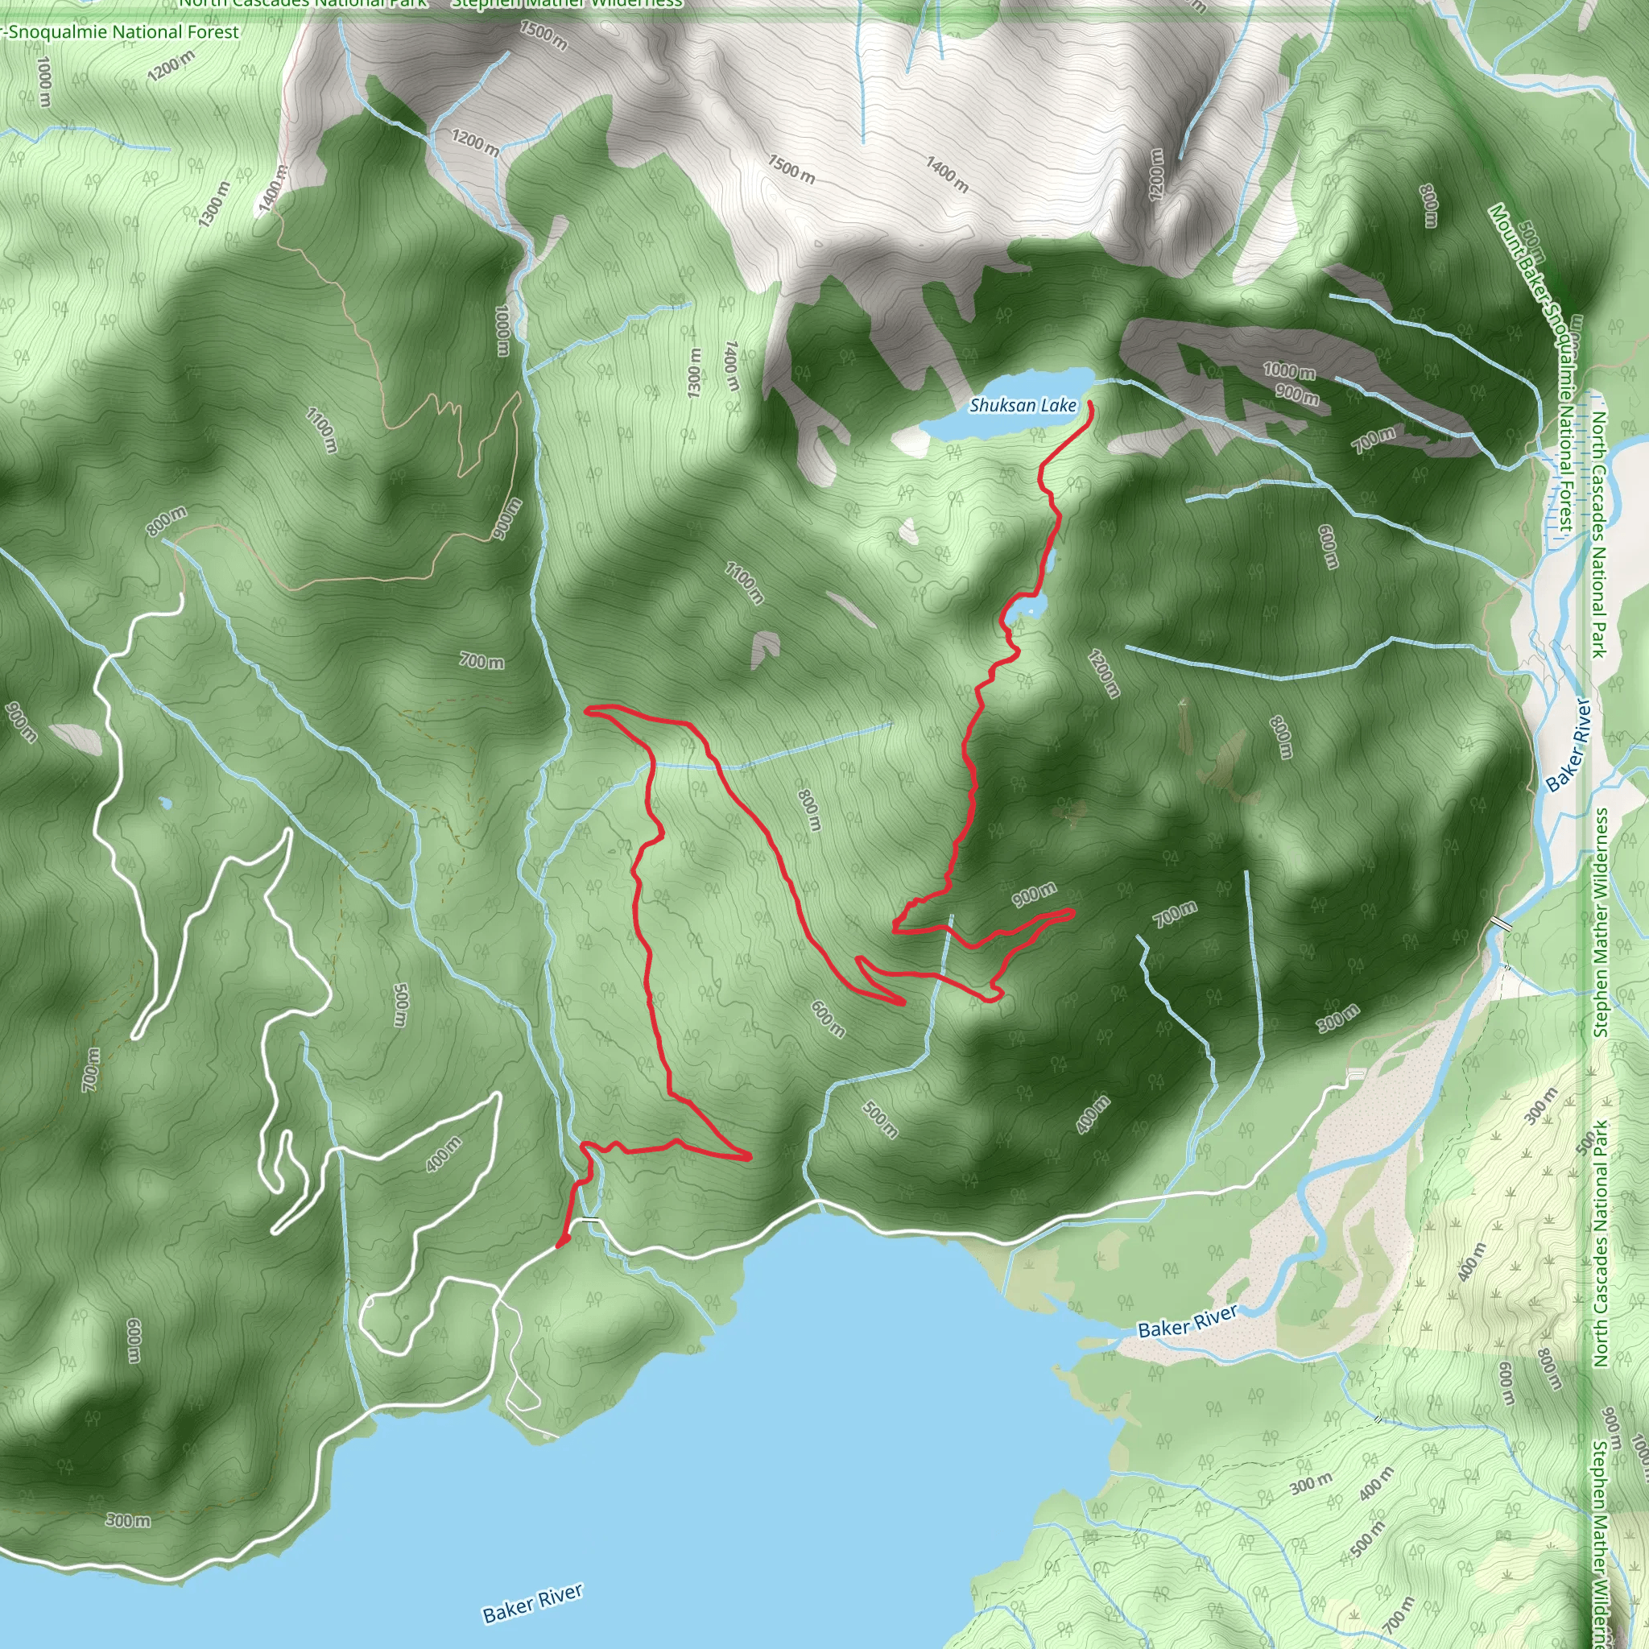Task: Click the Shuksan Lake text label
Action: coord(1023,406)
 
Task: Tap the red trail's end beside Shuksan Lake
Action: coord(1091,403)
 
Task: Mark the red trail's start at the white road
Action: coord(559,1246)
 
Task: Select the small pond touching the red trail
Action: coord(1026,606)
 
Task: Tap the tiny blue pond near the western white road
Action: coord(166,803)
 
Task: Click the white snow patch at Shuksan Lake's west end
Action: coord(910,440)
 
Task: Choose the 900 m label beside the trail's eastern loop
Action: coord(1035,895)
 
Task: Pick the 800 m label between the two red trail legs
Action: coord(809,809)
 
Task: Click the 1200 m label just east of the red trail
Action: coord(1103,673)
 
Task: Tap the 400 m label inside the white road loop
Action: coord(444,1154)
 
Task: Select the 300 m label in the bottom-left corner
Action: coord(129,1521)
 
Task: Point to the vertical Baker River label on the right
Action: coord(1569,745)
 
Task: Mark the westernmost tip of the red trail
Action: coord(586,709)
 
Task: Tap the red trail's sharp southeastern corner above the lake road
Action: coord(749,1157)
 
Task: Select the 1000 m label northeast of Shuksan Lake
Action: coord(1289,371)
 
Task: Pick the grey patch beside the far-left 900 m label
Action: coord(76,738)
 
